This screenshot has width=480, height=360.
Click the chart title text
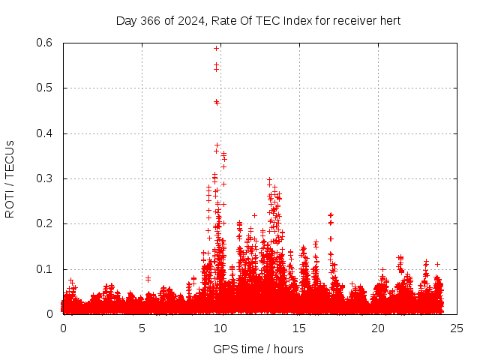coord(258,20)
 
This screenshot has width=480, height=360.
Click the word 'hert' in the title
coord(390,20)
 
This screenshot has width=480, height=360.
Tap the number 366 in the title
coord(148,20)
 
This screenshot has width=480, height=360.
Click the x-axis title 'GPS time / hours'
coord(258,349)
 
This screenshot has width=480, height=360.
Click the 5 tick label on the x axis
coord(142,328)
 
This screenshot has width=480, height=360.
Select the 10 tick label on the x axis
coord(220,328)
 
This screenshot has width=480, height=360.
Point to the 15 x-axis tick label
coord(299,328)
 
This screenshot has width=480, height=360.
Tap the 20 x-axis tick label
coord(378,328)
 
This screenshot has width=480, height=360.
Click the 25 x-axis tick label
coord(457,328)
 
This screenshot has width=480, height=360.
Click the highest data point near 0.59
coord(216,48)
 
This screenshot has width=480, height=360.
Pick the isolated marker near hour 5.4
coord(148,278)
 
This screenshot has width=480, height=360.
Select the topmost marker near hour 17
coord(330,215)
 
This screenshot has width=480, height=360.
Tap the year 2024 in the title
coord(186,20)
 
